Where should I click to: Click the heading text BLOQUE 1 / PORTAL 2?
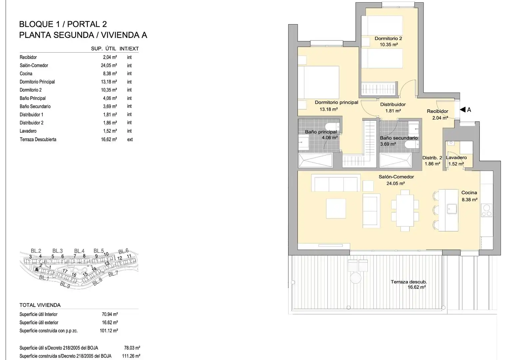(63, 24)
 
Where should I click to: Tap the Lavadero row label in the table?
(28, 131)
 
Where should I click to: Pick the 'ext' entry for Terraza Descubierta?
(130, 139)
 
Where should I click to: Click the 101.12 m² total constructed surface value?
(109, 330)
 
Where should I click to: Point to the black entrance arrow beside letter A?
(463, 110)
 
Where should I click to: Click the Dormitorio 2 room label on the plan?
(388, 38)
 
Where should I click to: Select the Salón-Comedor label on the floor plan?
(396, 177)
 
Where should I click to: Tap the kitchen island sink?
(452, 209)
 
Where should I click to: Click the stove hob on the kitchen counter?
(486, 210)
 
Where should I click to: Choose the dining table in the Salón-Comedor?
(405, 210)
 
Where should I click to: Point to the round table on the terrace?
(356, 278)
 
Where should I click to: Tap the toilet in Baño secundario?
(412, 145)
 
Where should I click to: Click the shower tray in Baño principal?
(315, 160)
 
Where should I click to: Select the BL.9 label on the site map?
(65, 285)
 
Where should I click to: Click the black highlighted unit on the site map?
(37, 269)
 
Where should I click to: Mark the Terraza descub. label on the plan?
(409, 282)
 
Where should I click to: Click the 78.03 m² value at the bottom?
(132, 348)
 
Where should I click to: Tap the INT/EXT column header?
(129, 48)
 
